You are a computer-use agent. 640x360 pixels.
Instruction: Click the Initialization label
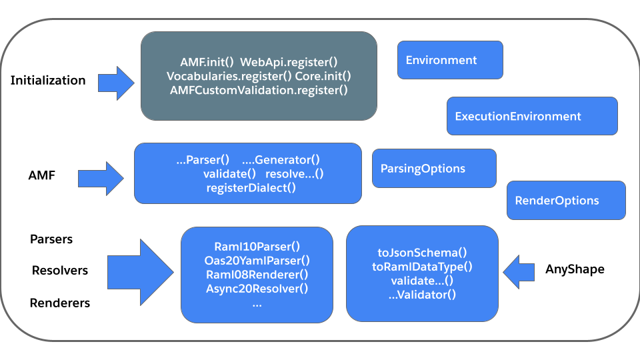pyautogui.click(x=48, y=81)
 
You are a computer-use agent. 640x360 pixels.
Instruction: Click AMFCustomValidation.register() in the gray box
pyautogui.click(x=259, y=90)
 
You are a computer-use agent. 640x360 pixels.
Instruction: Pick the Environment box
pyautogui.click(x=450, y=61)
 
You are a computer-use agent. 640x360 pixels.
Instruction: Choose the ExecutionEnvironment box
pyautogui.click(x=531, y=116)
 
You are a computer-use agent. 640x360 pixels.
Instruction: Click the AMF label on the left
pyautogui.click(x=41, y=176)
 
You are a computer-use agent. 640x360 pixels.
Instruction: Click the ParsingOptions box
pyautogui.click(x=434, y=168)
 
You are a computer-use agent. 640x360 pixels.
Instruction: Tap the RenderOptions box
pyautogui.click(x=566, y=200)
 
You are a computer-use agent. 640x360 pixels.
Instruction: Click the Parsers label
pyautogui.click(x=51, y=239)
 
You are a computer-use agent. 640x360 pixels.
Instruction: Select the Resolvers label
pyautogui.click(x=60, y=271)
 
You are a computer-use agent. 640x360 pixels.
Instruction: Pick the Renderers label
pyautogui.click(x=60, y=303)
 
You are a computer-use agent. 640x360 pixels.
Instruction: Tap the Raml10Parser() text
pyautogui.click(x=257, y=245)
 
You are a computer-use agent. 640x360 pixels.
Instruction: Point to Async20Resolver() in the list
pyautogui.click(x=257, y=289)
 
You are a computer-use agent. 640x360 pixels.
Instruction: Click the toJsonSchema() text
pyautogui.click(x=422, y=253)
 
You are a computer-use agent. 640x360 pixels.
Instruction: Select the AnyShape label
pyautogui.click(x=575, y=269)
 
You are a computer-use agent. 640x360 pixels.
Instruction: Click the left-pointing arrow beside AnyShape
pyautogui.click(x=519, y=271)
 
